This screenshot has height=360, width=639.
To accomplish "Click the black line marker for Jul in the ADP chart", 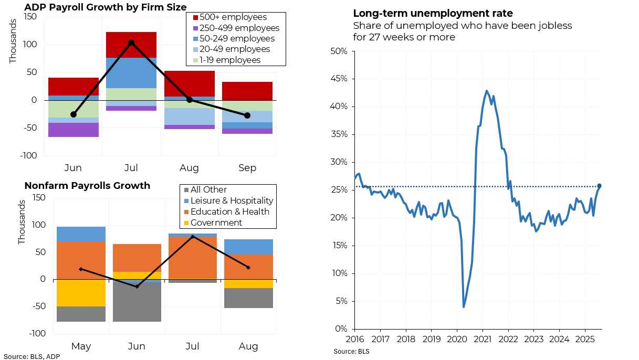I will click(x=131, y=43).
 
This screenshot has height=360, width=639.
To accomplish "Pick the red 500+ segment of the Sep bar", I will click(x=247, y=91).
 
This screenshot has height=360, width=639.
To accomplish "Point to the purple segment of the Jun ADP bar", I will click(x=73, y=130).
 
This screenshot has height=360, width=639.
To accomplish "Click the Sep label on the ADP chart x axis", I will click(x=247, y=168).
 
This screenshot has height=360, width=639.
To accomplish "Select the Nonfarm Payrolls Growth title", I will click(x=87, y=186).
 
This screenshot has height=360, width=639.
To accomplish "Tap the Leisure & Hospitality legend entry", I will click(x=232, y=201).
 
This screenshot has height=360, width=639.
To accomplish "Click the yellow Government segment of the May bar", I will click(x=81, y=293).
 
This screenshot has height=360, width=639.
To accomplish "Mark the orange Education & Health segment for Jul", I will click(x=193, y=258).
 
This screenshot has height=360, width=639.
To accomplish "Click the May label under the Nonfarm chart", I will click(x=81, y=347).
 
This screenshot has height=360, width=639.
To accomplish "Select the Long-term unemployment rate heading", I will click(x=433, y=14).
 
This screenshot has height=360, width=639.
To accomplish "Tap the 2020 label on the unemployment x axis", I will click(x=457, y=339).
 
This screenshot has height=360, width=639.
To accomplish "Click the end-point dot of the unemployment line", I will click(x=599, y=186).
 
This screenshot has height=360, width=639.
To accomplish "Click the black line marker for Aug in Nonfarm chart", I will click(x=248, y=268).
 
